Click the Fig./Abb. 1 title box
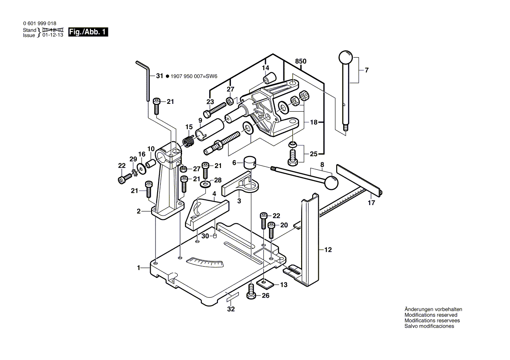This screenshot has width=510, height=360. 86,32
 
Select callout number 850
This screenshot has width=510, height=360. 300,62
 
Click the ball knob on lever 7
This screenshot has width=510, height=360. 345,58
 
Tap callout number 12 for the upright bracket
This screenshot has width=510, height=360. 328,250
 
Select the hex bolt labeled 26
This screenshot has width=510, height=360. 251,292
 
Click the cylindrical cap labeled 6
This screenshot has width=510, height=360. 249,163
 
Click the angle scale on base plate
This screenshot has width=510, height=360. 205,262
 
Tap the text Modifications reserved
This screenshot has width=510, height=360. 431,315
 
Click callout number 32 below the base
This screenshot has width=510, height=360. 231,309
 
